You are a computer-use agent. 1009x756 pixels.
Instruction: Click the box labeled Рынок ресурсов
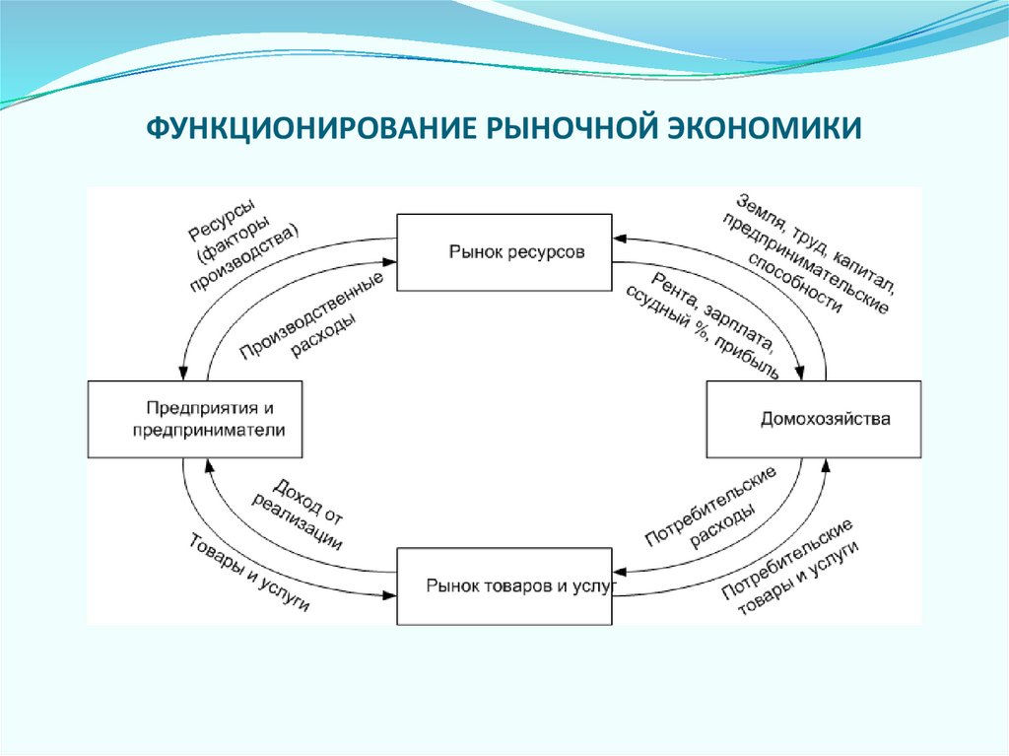click(x=504, y=252)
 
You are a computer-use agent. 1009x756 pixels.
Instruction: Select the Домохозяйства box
click(x=814, y=419)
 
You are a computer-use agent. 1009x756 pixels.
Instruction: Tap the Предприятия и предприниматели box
click(x=195, y=419)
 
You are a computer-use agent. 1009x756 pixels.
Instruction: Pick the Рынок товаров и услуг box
click(x=504, y=586)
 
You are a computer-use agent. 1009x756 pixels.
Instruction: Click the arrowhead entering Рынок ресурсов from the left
click(x=391, y=260)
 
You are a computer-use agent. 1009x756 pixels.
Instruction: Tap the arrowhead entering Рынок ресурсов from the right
click(x=617, y=238)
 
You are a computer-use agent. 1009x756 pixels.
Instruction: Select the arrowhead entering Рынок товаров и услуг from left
click(x=391, y=592)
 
